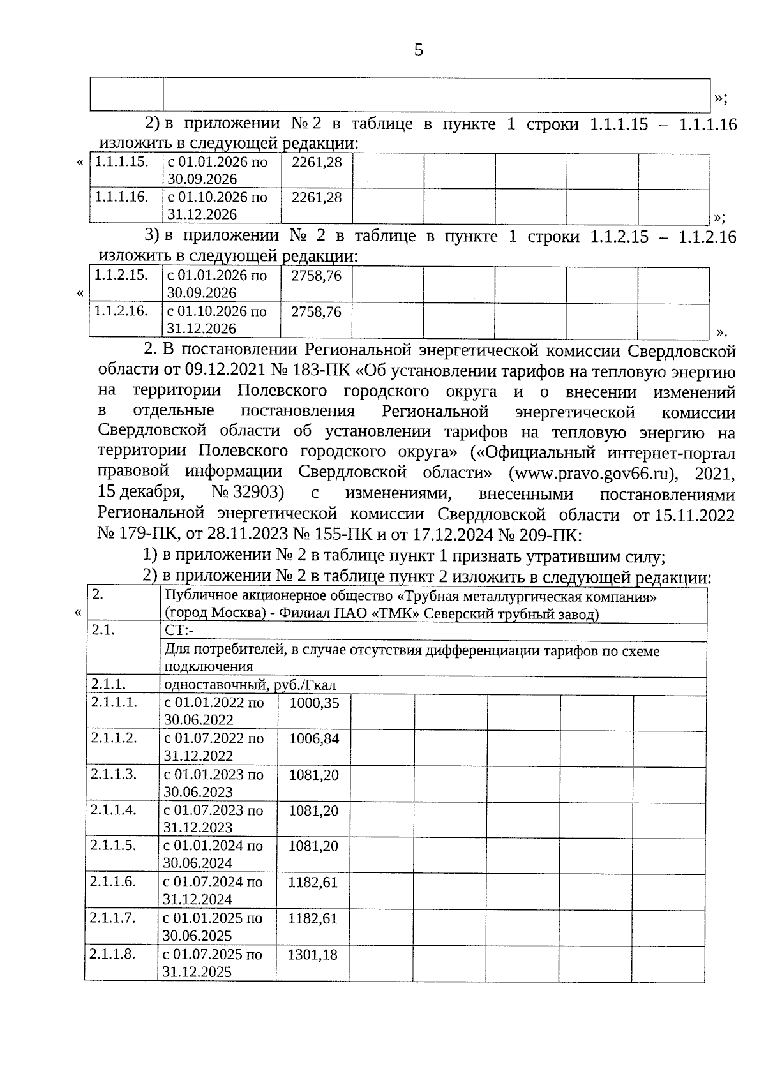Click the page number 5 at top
tap(418, 50)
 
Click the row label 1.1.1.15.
tap(121, 162)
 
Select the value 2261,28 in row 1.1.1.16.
tap(317, 198)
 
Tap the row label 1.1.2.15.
tap(121, 275)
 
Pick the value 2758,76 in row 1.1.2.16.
tap(316, 312)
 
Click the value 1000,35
tap(314, 704)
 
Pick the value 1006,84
tap(314, 740)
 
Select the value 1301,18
tap(313, 955)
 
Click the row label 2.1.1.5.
tap(113, 846)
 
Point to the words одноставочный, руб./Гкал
tap(250, 686)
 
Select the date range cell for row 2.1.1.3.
tap(214, 783)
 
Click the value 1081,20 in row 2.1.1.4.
tap(313, 811)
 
